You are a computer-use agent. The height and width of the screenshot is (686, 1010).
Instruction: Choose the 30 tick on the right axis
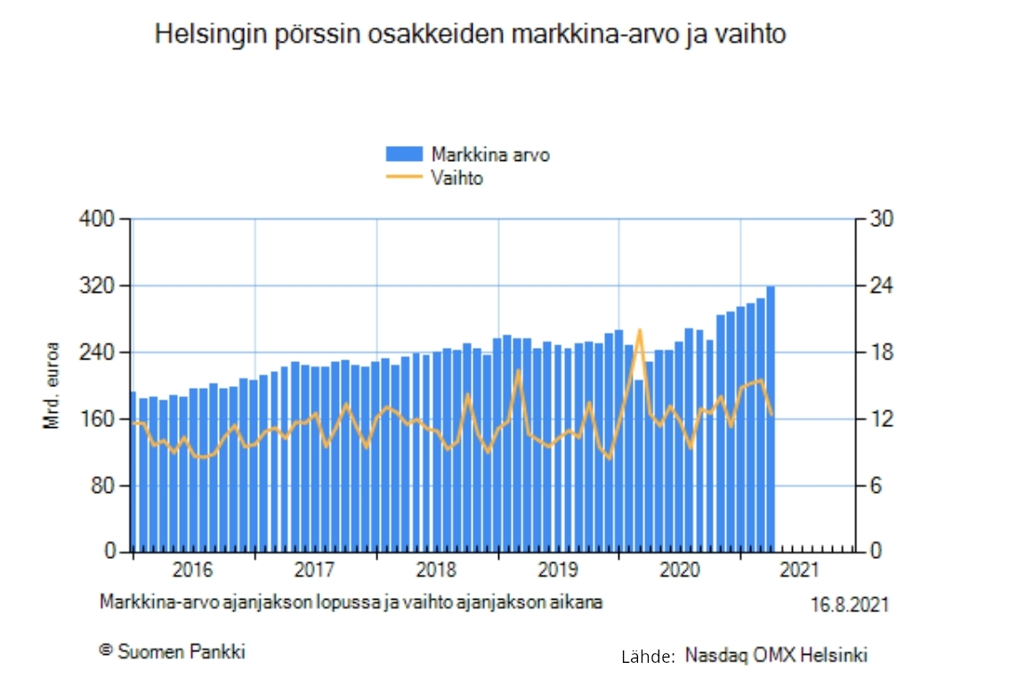873,219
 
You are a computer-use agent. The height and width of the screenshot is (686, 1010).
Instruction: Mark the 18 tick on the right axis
872,352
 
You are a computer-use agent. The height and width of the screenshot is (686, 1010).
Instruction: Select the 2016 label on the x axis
192,569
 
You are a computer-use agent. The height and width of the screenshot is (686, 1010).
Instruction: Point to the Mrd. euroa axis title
52,385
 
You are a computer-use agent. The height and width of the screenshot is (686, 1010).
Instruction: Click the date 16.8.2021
849,605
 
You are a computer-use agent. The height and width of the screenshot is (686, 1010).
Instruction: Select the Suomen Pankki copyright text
172,651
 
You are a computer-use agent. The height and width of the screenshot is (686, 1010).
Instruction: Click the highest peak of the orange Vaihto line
639,330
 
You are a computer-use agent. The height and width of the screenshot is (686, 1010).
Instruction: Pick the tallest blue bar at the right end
771,418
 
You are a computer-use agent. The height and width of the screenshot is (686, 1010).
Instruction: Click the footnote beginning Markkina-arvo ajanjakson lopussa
351,601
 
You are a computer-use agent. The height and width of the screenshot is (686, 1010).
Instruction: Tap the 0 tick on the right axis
869,552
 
